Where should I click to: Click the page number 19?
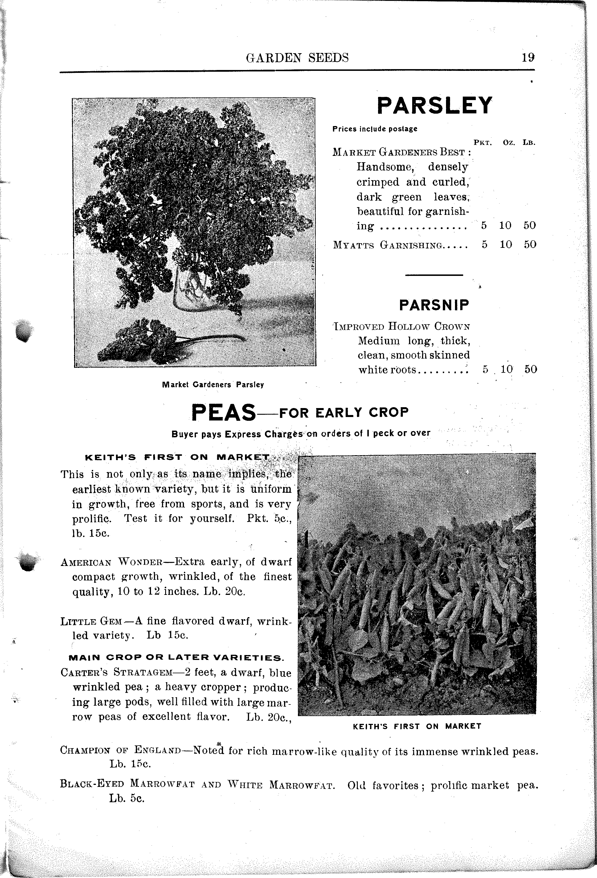(528, 58)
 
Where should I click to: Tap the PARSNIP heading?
(434, 305)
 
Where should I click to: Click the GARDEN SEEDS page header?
(297, 58)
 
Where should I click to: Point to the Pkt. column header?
(482, 143)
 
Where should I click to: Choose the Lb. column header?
(529, 143)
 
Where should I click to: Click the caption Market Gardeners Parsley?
(213, 385)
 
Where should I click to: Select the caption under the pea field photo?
(417, 726)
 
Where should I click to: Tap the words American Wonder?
(111, 562)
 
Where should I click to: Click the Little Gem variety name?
(91, 621)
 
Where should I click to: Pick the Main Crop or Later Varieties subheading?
(176, 657)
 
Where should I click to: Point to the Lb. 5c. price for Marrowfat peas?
(127, 798)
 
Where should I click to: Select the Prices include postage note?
(375, 129)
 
